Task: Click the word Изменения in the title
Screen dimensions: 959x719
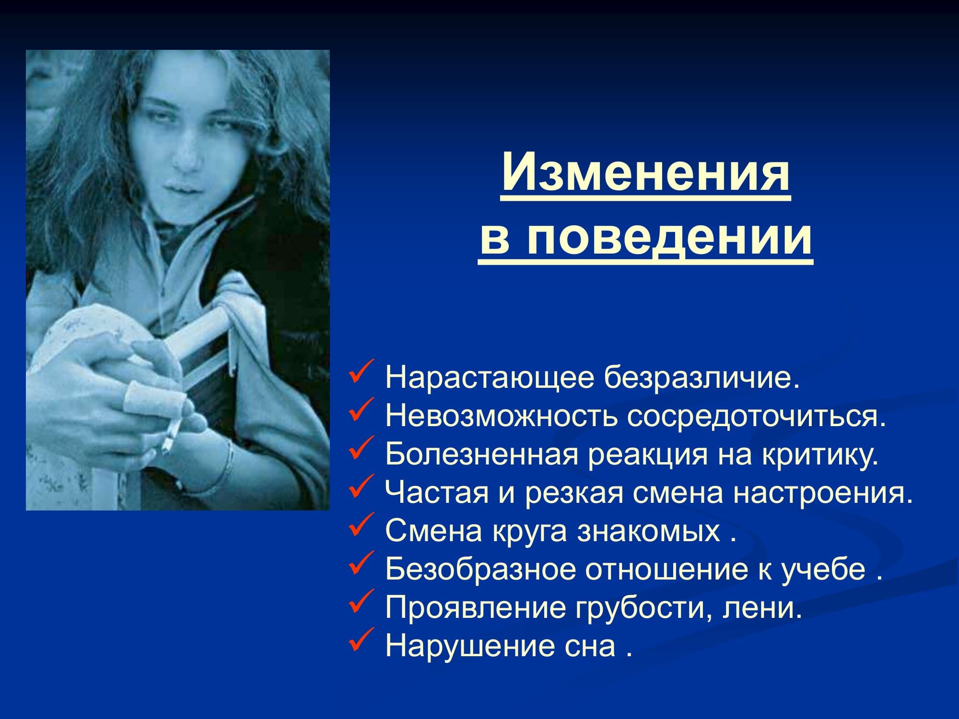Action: point(645,172)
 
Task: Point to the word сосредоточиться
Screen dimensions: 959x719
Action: point(754,416)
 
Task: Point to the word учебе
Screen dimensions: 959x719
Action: point(824,570)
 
